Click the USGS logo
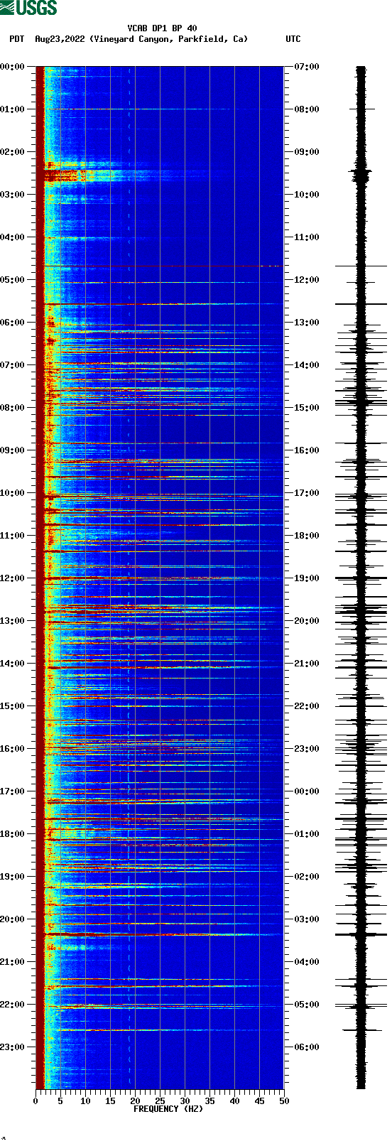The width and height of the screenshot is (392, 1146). point(28,8)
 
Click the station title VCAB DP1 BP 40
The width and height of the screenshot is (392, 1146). point(162,28)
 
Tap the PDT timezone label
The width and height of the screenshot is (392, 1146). point(16,39)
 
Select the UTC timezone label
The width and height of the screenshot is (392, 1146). point(293,39)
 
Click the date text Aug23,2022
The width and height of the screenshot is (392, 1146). point(60,39)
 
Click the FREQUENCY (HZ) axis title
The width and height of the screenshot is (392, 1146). point(168,1109)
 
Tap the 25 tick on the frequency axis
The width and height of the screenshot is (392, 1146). point(160,1101)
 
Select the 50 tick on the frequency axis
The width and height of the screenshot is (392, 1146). point(284,1101)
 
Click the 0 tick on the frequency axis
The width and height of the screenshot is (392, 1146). point(36,1101)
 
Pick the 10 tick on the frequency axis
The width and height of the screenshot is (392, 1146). point(85,1101)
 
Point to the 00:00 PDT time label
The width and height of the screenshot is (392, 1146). point(13,67)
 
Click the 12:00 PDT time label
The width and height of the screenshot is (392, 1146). point(13,578)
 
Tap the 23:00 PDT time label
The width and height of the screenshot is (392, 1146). point(13,1047)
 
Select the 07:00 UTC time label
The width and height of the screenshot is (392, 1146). point(307,67)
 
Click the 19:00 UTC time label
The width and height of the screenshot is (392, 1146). point(307,578)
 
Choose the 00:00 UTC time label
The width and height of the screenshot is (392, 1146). point(307,791)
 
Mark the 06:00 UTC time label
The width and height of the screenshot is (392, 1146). point(307,1047)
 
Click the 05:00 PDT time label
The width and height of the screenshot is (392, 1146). point(13,280)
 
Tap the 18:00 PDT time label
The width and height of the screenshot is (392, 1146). point(13,834)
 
